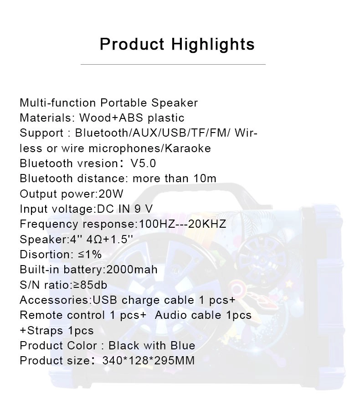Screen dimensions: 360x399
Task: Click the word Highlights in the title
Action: tap(213, 45)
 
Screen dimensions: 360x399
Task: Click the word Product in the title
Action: tap(132, 44)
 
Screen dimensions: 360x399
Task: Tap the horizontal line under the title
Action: tap(173, 65)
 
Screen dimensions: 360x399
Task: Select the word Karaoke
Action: tap(188, 148)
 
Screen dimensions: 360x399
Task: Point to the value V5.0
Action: tap(143, 164)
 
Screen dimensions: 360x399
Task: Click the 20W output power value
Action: tap(111, 194)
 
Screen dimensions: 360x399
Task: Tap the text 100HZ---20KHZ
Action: tap(182, 224)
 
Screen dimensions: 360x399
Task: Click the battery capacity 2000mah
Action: tap(132, 270)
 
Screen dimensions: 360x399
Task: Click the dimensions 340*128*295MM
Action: tap(149, 361)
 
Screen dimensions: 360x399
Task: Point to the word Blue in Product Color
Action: tap(183, 346)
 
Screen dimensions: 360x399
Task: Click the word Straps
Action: tap(45, 331)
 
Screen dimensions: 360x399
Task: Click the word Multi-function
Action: tap(58, 103)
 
